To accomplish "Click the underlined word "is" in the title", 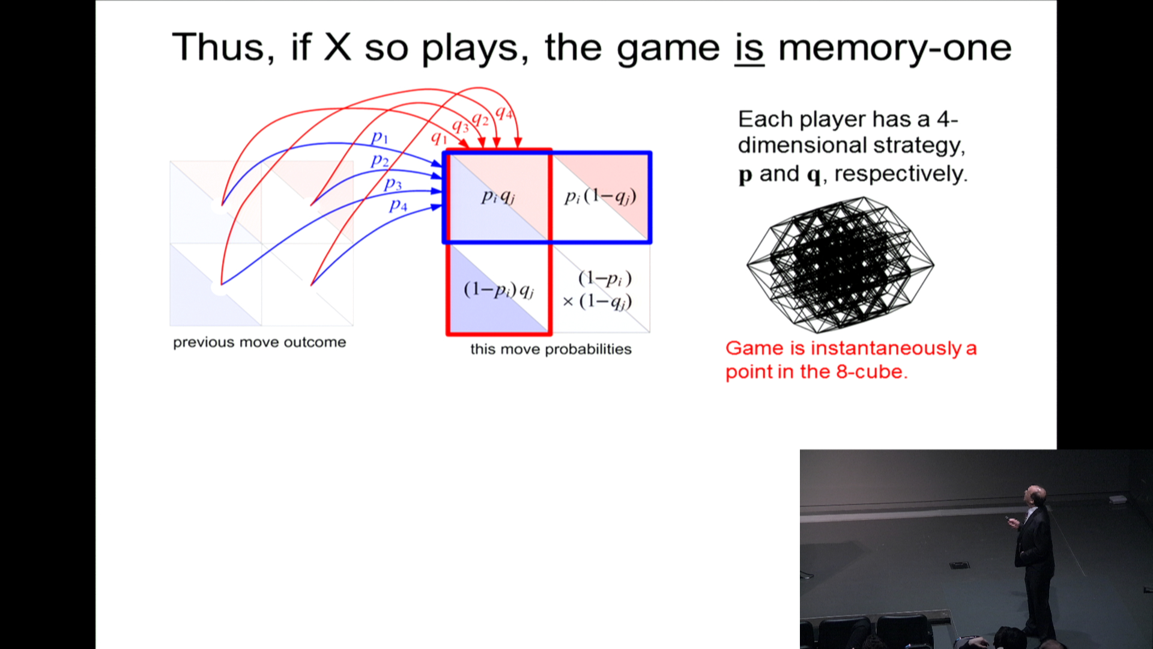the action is [x=749, y=48].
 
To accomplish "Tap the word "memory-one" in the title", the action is [x=895, y=48].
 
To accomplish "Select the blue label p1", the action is [x=380, y=138].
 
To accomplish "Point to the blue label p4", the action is [x=398, y=206].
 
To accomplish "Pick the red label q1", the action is [x=440, y=138].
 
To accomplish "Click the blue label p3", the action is [x=393, y=183].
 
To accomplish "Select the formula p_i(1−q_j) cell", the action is [x=601, y=197].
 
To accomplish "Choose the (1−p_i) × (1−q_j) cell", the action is [x=601, y=289].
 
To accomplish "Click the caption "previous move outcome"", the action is [x=259, y=343].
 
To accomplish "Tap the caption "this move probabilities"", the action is [x=551, y=349].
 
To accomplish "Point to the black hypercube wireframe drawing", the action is [x=840, y=264].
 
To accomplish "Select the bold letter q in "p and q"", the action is [x=814, y=175].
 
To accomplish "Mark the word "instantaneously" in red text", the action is [x=886, y=349].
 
